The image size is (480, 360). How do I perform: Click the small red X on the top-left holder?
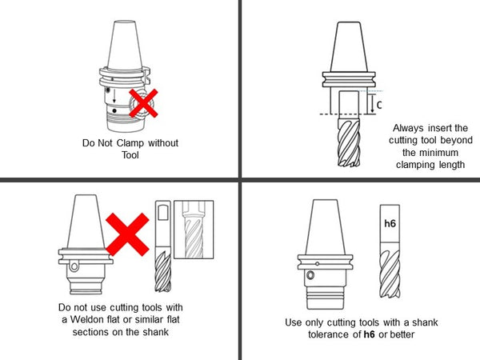point(143,103)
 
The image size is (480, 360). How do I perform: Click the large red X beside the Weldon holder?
point(127,234)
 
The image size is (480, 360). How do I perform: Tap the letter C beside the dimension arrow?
point(379,105)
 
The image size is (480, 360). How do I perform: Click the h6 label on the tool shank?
point(390,223)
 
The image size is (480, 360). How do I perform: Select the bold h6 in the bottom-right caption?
point(369,334)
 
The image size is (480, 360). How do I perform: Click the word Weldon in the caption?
point(87,319)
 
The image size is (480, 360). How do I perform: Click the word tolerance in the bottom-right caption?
point(329,334)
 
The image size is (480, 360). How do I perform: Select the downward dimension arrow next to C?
point(372,104)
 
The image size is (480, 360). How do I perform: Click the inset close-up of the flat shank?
point(194,230)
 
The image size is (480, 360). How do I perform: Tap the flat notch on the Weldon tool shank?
point(163,213)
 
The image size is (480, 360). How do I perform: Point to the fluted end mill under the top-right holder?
point(349,142)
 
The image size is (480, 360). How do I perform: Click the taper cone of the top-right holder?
point(349,47)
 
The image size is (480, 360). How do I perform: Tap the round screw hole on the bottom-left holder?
point(74,266)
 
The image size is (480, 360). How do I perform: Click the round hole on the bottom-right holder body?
point(310,275)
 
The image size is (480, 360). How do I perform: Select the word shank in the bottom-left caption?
point(155,332)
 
